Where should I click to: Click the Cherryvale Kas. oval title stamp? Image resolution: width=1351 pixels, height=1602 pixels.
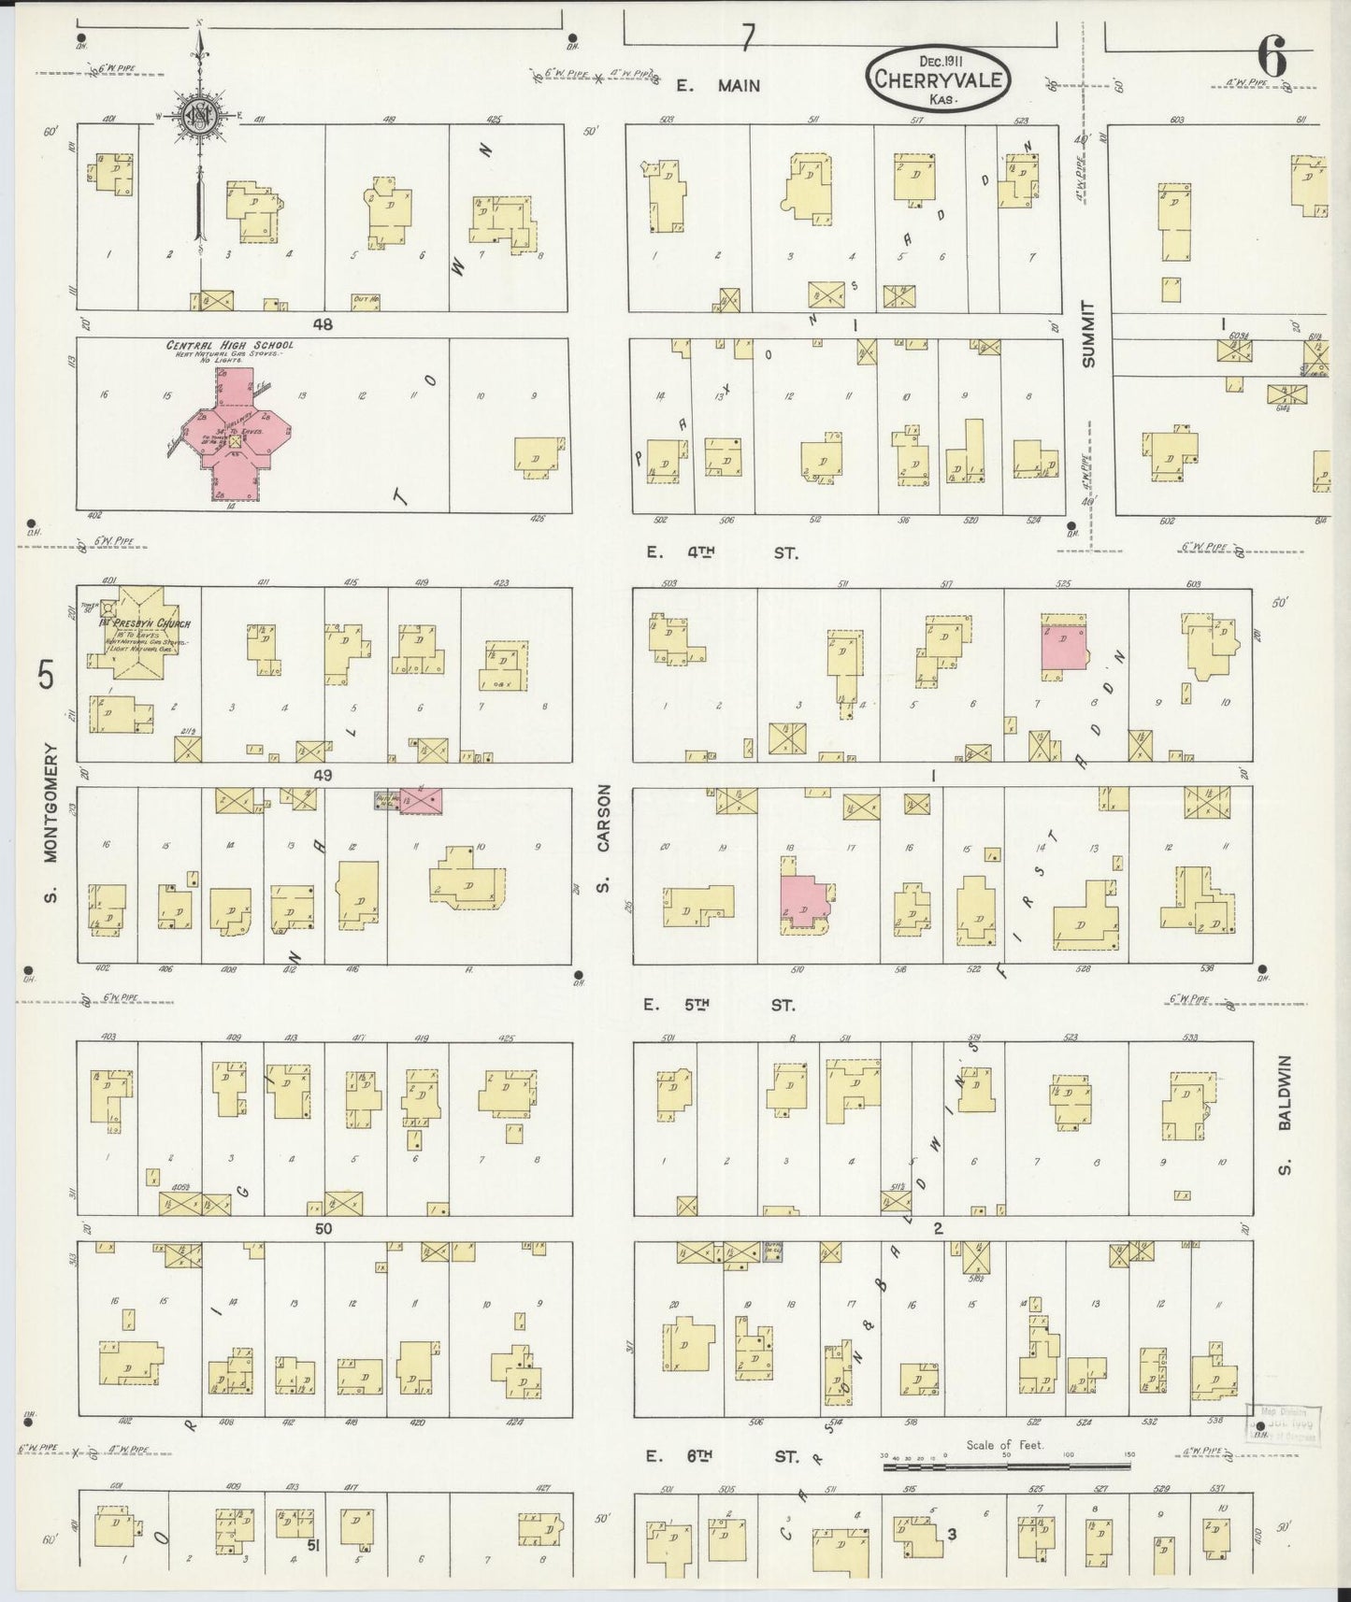938,80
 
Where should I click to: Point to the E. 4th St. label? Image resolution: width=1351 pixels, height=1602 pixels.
723,552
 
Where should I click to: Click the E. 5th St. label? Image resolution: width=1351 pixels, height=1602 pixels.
721,1006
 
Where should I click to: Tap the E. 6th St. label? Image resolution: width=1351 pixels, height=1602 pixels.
721,1456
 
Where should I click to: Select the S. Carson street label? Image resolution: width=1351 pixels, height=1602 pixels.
604,837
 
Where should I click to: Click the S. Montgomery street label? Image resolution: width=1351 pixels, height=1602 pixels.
49,823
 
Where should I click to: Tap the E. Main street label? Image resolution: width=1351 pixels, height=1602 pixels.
719,86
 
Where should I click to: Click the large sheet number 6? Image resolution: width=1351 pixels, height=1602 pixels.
1272,59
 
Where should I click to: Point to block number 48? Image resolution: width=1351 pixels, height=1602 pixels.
323,324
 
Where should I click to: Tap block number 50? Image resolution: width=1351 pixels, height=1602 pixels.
323,1229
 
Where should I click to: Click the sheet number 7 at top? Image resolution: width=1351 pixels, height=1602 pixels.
748,36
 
